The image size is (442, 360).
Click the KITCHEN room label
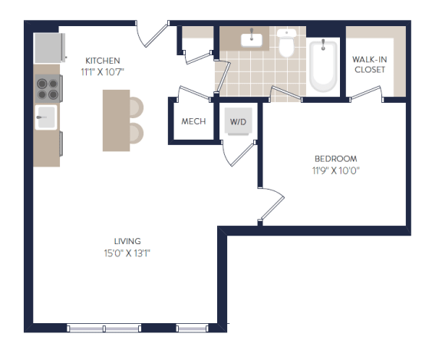(103, 61)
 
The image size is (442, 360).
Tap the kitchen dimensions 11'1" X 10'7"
(103, 72)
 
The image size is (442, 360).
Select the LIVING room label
(127, 241)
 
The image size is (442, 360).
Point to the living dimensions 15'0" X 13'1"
(127, 253)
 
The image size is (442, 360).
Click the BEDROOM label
(336, 159)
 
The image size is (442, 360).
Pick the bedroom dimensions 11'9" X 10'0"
(336, 170)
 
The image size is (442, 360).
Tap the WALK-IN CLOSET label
(370, 64)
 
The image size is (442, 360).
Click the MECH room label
(193, 121)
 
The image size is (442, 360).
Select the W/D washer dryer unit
(238, 121)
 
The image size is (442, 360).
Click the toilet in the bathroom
(286, 42)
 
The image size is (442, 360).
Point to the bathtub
(323, 66)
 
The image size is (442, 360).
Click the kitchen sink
(46, 117)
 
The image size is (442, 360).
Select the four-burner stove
(48, 88)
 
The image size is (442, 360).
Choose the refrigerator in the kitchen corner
(50, 48)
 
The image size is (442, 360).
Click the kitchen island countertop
(116, 121)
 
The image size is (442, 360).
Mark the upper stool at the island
(137, 107)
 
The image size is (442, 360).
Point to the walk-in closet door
(366, 92)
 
